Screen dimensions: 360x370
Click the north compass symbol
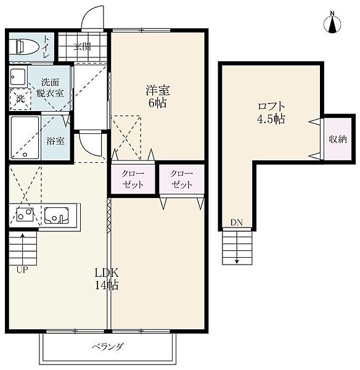[x=332, y=24]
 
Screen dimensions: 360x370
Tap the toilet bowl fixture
[x=27, y=46]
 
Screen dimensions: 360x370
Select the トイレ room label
[x=46, y=47]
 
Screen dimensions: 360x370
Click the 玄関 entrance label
[x=82, y=47]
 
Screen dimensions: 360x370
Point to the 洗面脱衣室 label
[x=50, y=88]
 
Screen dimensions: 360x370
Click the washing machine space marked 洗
[x=20, y=99]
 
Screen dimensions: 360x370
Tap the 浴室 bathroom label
[x=55, y=141]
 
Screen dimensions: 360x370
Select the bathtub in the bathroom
[x=25, y=138]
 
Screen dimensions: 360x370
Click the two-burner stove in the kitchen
[x=25, y=214]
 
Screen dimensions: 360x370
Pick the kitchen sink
[x=57, y=215]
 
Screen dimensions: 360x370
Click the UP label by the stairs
[x=22, y=269]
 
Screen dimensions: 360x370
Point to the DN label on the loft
[x=237, y=222]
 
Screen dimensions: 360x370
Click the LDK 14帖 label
[x=107, y=279]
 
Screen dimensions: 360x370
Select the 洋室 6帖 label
[x=158, y=96]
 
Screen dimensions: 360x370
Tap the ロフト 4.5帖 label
[x=271, y=113]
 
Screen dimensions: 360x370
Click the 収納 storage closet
[x=338, y=139]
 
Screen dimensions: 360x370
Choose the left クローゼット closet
[x=133, y=179]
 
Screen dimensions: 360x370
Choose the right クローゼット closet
[x=182, y=179]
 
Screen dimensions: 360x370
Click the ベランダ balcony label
[x=108, y=347]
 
